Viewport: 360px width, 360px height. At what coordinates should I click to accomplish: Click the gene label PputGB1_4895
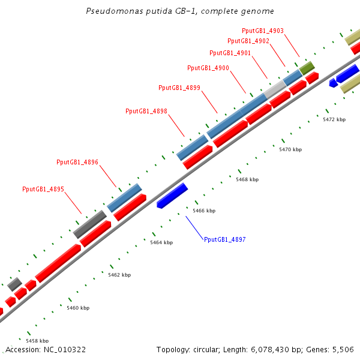click(x=43, y=190)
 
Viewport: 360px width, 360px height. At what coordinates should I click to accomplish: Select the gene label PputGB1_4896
click(x=77, y=163)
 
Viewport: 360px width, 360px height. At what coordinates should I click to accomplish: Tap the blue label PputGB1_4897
click(x=225, y=239)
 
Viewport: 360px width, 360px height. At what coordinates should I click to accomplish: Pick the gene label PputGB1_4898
click(x=146, y=111)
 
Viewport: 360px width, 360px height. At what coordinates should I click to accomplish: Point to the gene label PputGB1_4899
click(x=179, y=88)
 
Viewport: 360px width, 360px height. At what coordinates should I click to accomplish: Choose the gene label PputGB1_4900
click(x=208, y=68)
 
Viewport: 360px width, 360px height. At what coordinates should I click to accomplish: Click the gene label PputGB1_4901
click(x=230, y=53)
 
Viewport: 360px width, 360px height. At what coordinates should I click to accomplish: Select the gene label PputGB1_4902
click(x=248, y=41)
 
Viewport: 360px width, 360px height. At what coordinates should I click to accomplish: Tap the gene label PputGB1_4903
click(x=263, y=31)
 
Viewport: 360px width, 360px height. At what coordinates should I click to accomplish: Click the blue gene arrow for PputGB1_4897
click(x=172, y=196)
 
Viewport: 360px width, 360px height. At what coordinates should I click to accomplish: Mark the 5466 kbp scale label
click(x=204, y=211)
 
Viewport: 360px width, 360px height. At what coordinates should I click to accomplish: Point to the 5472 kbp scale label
click(x=334, y=120)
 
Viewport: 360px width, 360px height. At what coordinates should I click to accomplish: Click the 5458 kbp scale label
click(x=37, y=341)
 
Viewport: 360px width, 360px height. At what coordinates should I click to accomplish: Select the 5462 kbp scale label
click(x=119, y=275)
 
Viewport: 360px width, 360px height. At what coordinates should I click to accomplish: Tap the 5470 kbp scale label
click(x=290, y=149)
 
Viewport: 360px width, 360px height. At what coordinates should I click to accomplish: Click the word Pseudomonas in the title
click(x=109, y=11)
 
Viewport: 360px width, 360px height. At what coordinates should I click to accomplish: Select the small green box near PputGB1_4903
click(x=307, y=67)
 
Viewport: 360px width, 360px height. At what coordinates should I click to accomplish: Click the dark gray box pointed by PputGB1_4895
click(x=90, y=224)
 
